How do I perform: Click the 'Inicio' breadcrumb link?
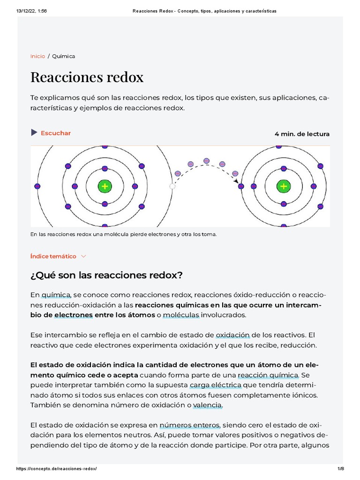pyautogui.click(x=37, y=56)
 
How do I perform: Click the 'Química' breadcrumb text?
pyautogui.click(x=63, y=56)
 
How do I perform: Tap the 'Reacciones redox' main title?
pyautogui.click(x=87, y=77)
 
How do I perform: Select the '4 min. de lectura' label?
pyautogui.click(x=302, y=134)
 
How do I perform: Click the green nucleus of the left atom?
pyautogui.click(x=104, y=186)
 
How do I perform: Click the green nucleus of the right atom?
pyautogui.click(x=283, y=186)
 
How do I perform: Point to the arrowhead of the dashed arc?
pyautogui.click(x=236, y=181)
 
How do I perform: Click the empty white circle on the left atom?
pyautogui.click(x=172, y=186)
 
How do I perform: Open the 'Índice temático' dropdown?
pyautogui.click(x=53, y=256)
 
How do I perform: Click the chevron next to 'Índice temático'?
pyautogui.click(x=84, y=256)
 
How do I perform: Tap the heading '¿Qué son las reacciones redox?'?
pyautogui.click(x=106, y=275)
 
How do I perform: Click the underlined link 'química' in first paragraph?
pyautogui.click(x=56, y=295)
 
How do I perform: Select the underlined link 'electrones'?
pyautogui.click(x=73, y=315)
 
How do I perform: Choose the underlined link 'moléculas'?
pyautogui.click(x=182, y=315)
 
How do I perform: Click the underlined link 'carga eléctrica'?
pyautogui.click(x=216, y=385)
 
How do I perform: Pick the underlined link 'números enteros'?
pyautogui.click(x=189, y=426)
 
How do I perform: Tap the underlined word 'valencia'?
pyautogui.click(x=208, y=405)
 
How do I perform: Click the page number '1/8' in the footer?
pyautogui.click(x=341, y=469)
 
